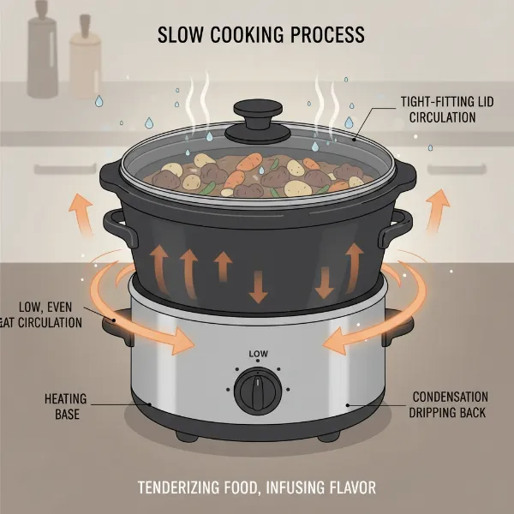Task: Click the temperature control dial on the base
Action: point(256,390)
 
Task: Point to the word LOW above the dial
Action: point(257,353)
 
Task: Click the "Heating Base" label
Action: point(62,405)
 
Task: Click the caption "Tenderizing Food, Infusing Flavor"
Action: point(256,488)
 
